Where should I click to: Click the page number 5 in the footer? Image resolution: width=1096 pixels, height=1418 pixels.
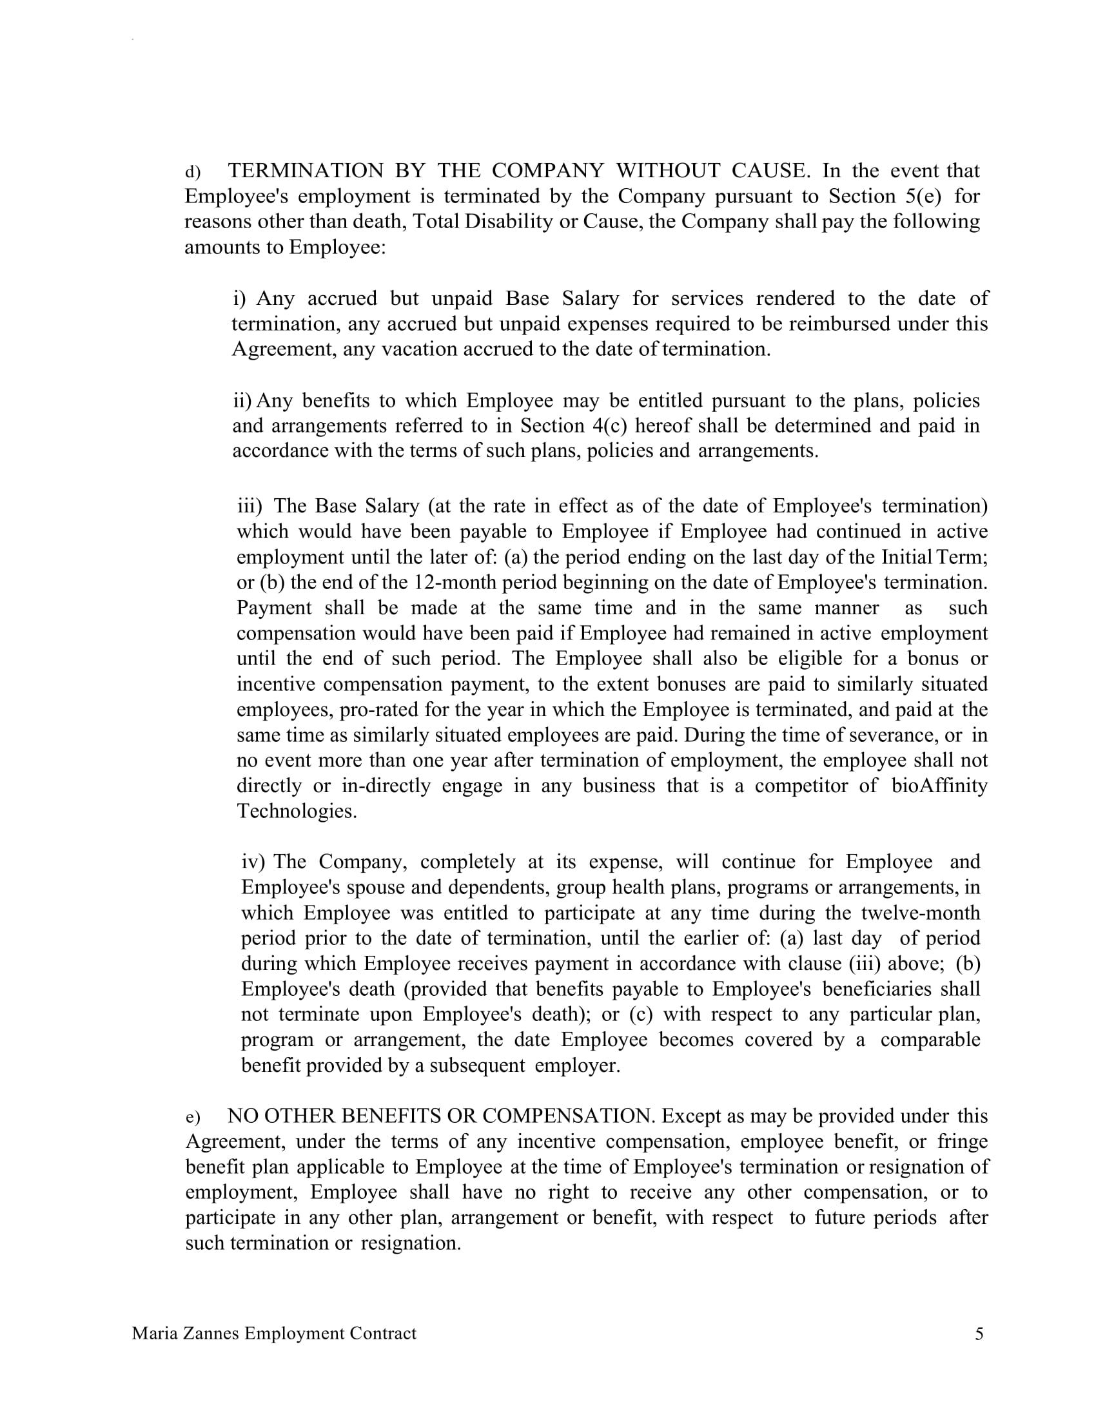tap(979, 1334)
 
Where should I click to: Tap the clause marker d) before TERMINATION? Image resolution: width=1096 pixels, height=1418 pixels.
tap(193, 172)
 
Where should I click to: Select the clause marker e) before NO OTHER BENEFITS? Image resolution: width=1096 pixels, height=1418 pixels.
tap(193, 1118)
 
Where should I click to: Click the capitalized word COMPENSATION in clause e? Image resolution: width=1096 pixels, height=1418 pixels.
tap(565, 1116)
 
